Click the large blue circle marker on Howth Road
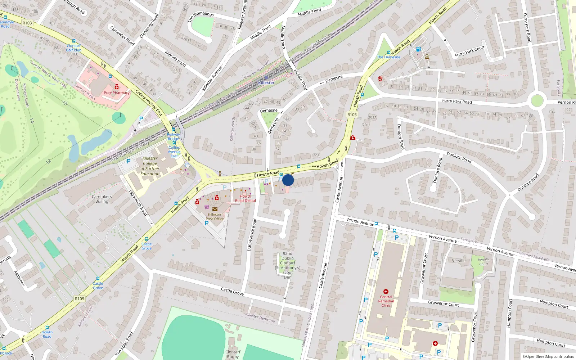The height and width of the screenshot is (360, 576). coord(288,180)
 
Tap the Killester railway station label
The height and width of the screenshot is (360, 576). coord(266,83)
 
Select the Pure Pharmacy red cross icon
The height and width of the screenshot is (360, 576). coord(117,87)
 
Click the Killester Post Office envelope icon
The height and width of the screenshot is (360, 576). coord(215,209)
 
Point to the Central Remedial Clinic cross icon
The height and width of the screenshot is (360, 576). coord(386,292)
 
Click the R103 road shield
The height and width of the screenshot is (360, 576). coord(27,23)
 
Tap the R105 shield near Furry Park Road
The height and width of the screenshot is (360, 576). coord(352,114)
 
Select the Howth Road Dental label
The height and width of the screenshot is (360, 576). coord(246,198)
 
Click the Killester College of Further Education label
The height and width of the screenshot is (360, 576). coord(150,166)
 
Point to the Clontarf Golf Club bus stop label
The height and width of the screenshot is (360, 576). coord(74,48)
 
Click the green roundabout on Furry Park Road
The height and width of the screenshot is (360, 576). coord(537,100)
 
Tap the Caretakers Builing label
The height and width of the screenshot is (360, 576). coord(102,199)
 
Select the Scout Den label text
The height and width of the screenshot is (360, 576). coord(288,265)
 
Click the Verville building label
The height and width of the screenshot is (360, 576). coord(459,261)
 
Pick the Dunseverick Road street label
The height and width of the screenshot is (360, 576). coord(252,235)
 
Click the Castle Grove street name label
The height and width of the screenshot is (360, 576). coord(232,291)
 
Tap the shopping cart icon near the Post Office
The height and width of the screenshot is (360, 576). coord(207,207)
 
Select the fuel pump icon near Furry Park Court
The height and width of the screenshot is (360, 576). coord(418,49)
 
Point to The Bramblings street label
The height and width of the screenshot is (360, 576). coord(201,17)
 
